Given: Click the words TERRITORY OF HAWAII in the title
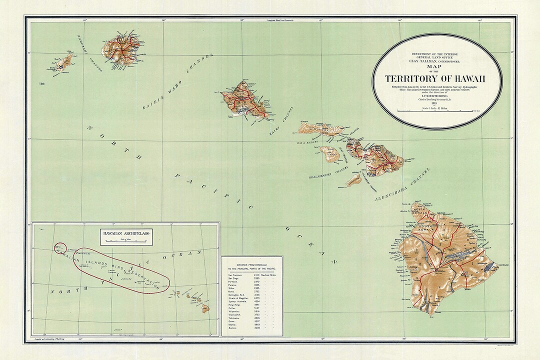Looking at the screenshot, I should pyautogui.click(x=435, y=78).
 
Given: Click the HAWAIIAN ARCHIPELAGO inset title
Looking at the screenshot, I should pyautogui.click(x=126, y=233).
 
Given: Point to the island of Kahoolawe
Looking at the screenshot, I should pyautogui.click(x=354, y=179).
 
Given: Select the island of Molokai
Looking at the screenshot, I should pyautogui.click(x=320, y=129).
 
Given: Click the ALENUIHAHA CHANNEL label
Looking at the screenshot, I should pyautogui.click(x=402, y=185).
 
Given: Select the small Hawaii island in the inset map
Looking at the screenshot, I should pyautogui.click(x=205, y=308).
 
